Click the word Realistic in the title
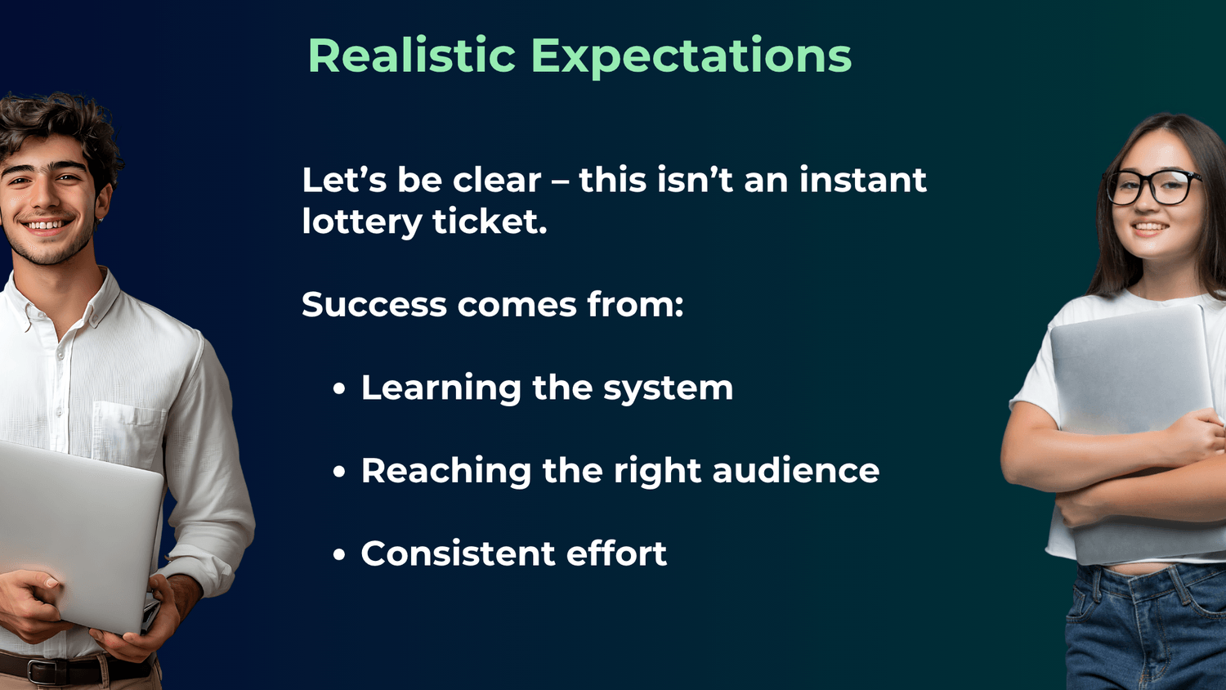tap(411, 56)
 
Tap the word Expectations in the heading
tap(691, 57)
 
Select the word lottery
tap(360, 222)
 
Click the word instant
tap(862, 180)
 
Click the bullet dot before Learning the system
tap(339, 389)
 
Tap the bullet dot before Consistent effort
tap(339, 555)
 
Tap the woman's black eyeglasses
tap(1154, 187)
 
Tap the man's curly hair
tap(57, 123)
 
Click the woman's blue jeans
tap(1144, 630)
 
